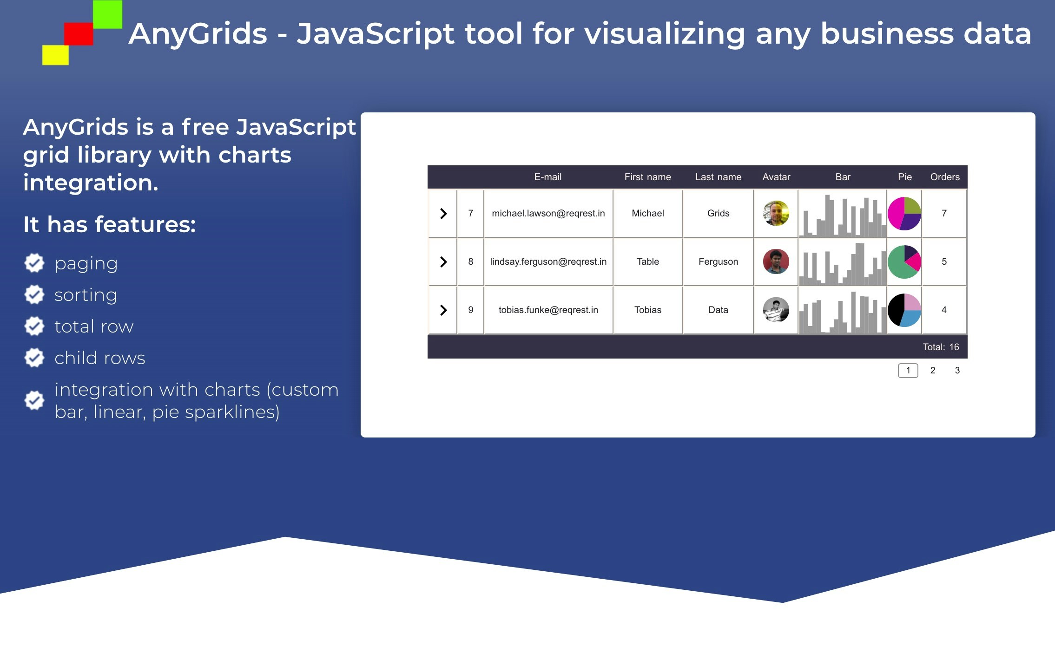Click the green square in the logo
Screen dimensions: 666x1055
[x=107, y=14]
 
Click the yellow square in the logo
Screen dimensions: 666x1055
[x=55, y=55]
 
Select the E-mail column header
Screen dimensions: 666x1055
[x=547, y=177]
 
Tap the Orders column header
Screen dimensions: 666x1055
[x=944, y=177]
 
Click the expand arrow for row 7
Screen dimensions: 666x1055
[x=443, y=214]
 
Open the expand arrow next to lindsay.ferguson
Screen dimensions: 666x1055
[x=443, y=262]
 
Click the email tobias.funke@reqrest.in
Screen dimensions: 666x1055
[x=548, y=310]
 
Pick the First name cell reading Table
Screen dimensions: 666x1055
[x=647, y=261]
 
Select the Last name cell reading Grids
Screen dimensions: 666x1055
[x=718, y=213]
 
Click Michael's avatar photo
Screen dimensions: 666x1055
[x=776, y=213]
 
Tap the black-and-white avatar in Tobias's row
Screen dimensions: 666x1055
[x=776, y=310]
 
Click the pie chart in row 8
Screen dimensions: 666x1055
[x=904, y=262]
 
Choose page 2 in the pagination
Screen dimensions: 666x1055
[x=932, y=370]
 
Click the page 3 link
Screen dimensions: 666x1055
[x=957, y=370]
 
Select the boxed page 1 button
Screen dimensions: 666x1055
[x=908, y=371]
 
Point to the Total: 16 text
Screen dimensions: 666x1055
[x=941, y=347]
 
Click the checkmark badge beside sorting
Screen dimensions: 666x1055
[x=34, y=294]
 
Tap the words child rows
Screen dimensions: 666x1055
[x=100, y=358]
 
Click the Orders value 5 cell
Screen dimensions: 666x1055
[x=944, y=261]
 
